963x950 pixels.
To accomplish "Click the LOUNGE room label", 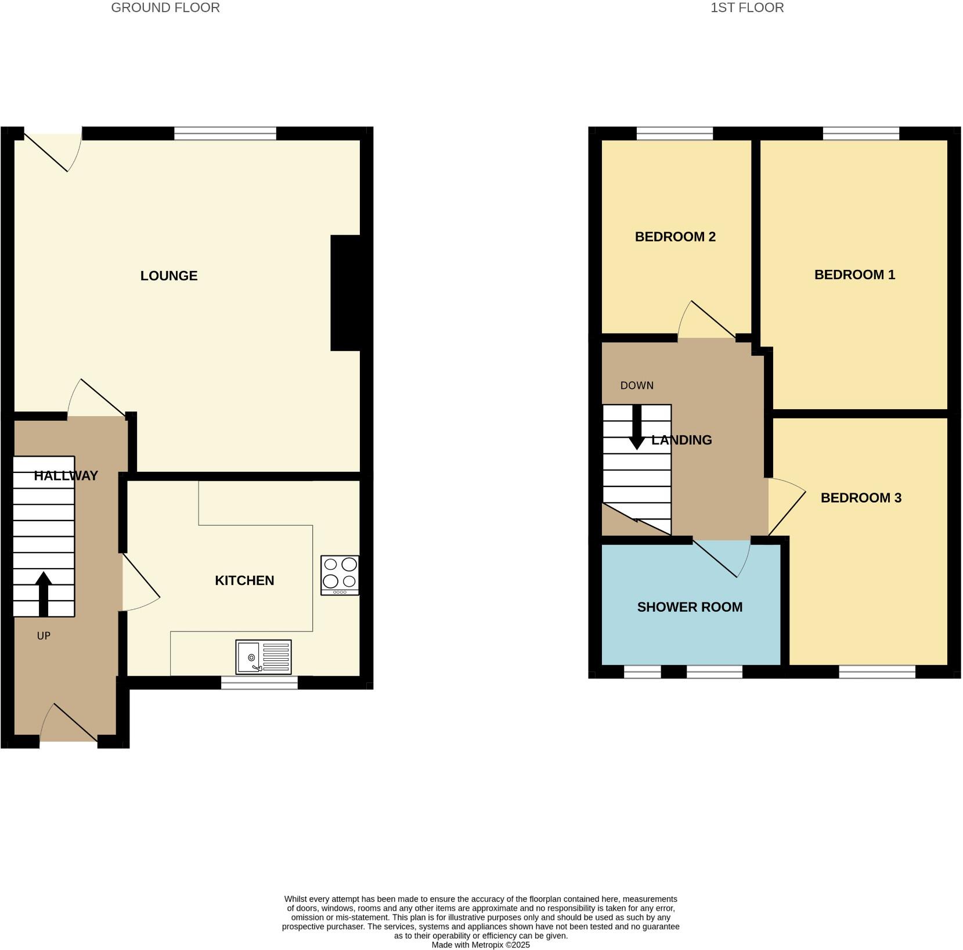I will click(169, 276).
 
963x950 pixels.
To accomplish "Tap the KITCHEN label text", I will click(244, 580).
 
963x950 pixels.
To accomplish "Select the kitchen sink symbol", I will click(263, 657).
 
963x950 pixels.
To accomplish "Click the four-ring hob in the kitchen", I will click(340, 575).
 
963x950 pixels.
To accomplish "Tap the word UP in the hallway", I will click(44, 635).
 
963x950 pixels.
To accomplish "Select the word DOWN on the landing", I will click(637, 385).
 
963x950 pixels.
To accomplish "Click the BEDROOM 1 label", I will click(854, 274).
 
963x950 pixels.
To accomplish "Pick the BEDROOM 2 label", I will click(675, 237).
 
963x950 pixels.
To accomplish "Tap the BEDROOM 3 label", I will click(861, 497).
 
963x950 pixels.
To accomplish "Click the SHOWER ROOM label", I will click(690, 607).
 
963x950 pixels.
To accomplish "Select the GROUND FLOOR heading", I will click(165, 8).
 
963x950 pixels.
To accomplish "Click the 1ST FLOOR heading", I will click(747, 8).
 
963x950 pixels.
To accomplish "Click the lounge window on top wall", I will click(225, 133).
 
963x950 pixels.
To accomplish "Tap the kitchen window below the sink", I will click(259, 682).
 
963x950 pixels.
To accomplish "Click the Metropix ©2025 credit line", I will click(481, 945).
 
